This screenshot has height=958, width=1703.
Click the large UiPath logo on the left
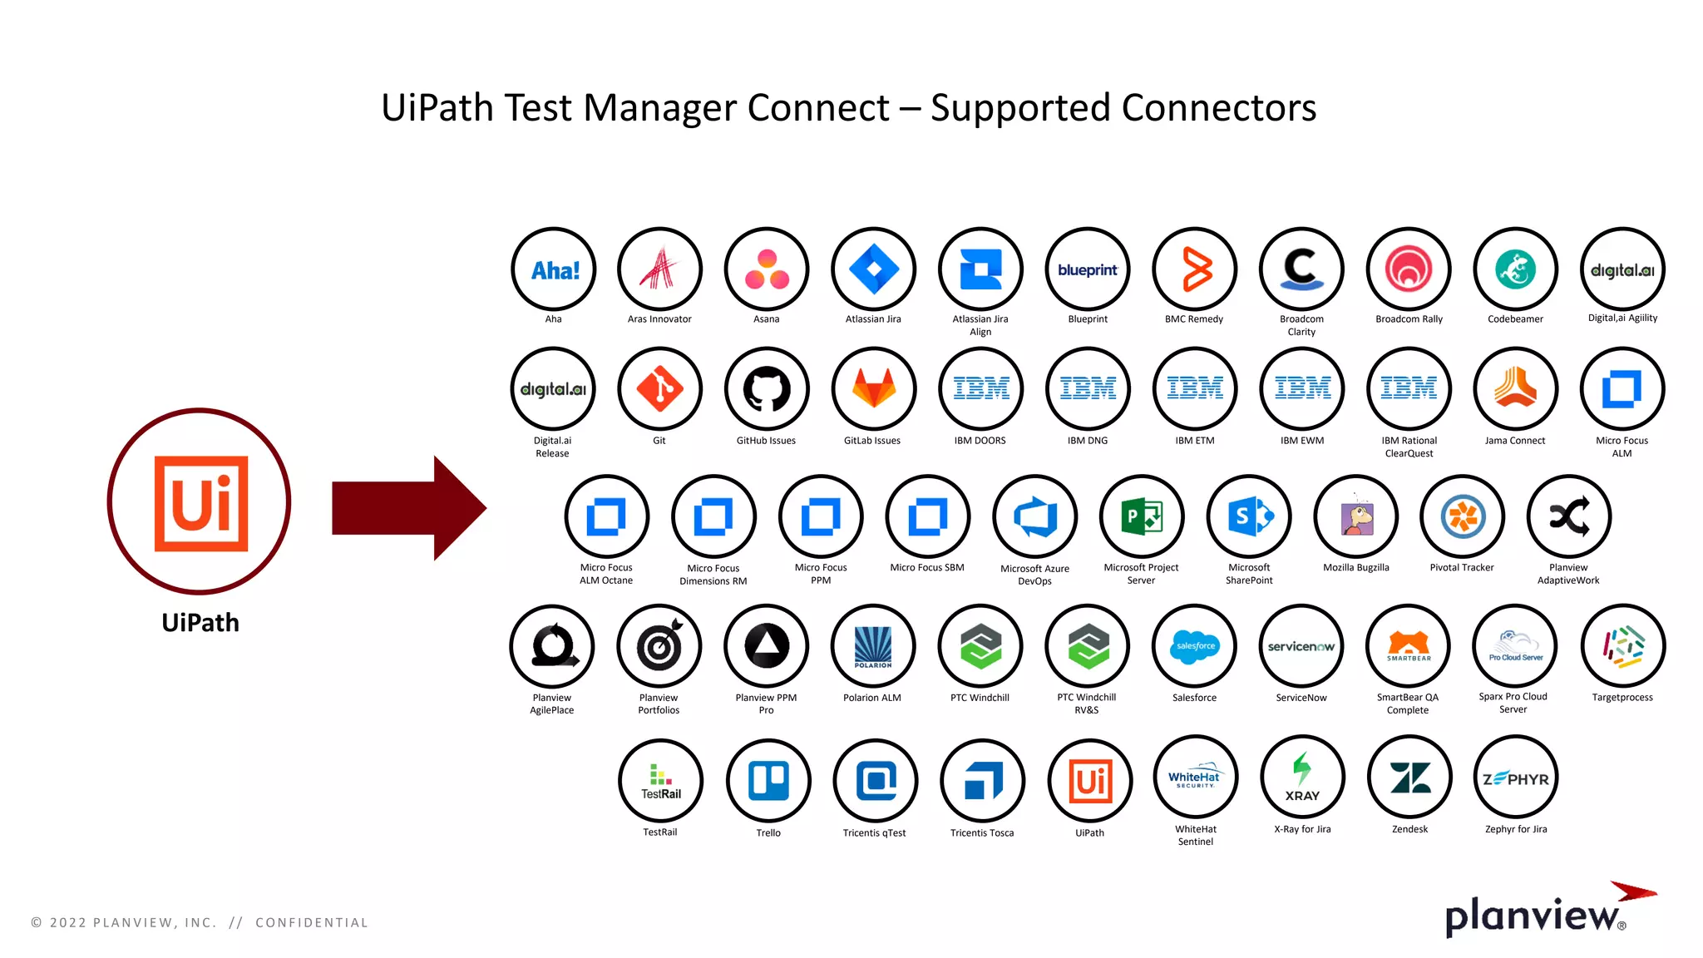click(x=200, y=501)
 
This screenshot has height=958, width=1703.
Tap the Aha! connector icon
click(x=554, y=269)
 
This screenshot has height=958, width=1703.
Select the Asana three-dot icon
click(x=767, y=269)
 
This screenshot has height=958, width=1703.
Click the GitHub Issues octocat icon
click(x=767, y=389)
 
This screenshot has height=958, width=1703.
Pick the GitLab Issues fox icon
click(x=873, y=389)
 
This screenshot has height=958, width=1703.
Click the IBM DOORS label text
click(x=980, y=441)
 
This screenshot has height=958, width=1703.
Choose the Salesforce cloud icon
click(x=1195, y=646)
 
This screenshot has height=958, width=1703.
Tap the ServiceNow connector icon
click(x=1301, y=646)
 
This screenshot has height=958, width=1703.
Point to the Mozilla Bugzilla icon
click(x=1356, y=516)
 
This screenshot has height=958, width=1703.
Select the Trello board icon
click(x=768, y=781)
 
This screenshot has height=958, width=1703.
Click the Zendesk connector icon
click(x=1410, y=778)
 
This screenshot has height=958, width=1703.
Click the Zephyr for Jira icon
click(x=1516, y=778)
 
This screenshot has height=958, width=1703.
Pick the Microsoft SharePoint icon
click(x=1249, y=516)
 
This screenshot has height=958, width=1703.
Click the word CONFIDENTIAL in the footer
click(x=311, y=922)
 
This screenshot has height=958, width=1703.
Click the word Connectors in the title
click(x=1218, y=108)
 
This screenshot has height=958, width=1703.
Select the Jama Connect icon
click(x=1515, y=389)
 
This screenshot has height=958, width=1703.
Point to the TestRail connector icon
click(x=660, y=781)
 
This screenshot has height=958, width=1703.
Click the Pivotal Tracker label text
click(x=1462, y=568)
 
